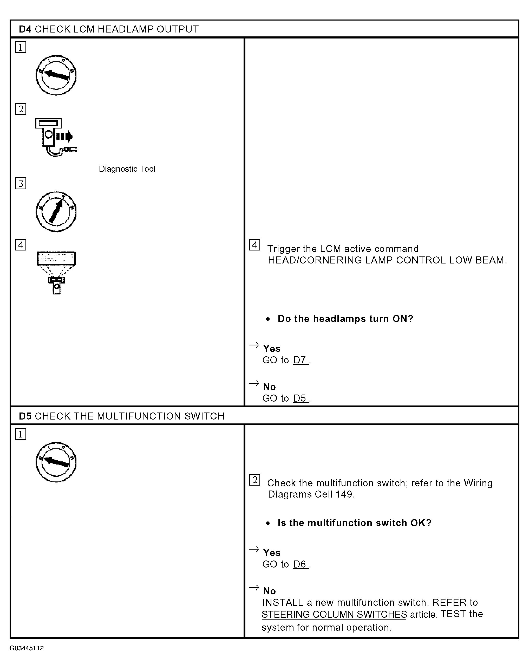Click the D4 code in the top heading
tap(25, 29)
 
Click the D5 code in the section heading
tap(25, 416)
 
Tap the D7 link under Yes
tap(301, 360)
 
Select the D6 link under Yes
tap(301, 564)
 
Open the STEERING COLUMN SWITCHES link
tap(334, 614)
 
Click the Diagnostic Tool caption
tap(127, 169)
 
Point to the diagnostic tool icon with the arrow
tap(56, 137)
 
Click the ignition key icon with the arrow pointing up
tap(56, 211)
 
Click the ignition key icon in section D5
tap(56, 462)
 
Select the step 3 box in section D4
tap(21, 183)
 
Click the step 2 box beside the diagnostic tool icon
tap(21, 109)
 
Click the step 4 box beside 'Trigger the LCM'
tap(254, 245)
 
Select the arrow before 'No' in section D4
tap(254, 384)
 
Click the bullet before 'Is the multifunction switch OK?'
tap(268, 523)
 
